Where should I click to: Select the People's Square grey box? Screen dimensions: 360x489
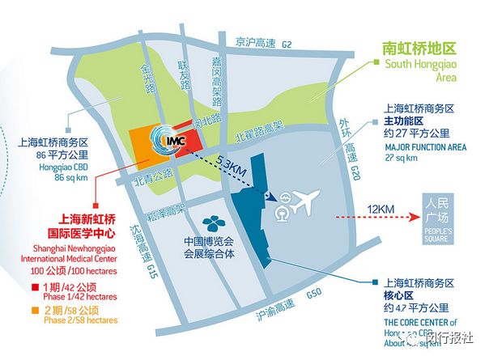coord(442,218)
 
